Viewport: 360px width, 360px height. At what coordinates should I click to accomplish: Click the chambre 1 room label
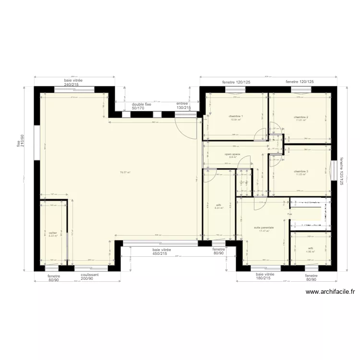tap(236, 116)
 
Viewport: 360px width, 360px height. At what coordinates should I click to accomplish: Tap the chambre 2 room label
tap(301, 117)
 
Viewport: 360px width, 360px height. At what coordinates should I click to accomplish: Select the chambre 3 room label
tap(301, 171)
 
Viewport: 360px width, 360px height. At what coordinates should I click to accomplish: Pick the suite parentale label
tap(264, 228)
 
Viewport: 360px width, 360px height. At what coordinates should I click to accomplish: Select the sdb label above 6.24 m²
tap(218, 205)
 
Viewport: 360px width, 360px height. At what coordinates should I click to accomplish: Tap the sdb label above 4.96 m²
tap(311, 248)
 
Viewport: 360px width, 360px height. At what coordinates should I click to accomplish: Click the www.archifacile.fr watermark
tap(330, 291)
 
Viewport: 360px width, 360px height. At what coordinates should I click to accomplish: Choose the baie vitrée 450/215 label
tap(162, 252)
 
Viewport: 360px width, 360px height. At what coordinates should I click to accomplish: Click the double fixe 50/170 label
tap(142, 106)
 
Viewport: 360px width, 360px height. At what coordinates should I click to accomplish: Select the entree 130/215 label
tap(183, 106)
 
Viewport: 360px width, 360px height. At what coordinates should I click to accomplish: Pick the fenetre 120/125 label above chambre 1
tap(236, 82)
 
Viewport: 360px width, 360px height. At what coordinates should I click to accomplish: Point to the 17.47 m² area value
tap(264, 231)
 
